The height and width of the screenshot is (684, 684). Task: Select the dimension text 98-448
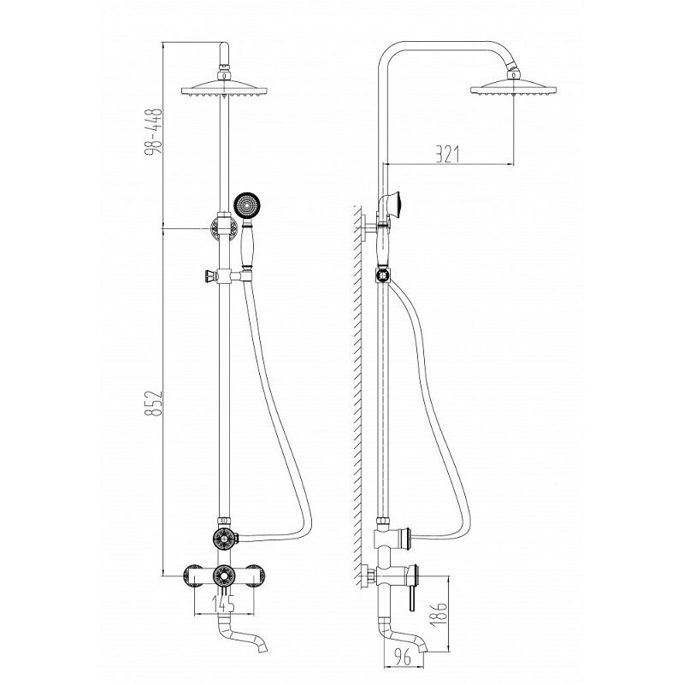click(154, 131)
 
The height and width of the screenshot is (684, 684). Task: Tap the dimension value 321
click(447, 154)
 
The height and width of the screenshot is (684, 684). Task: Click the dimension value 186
click(440, 614)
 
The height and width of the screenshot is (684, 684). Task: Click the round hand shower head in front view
click(247, 204)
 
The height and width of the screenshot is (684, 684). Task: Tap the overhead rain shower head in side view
click(514, 86)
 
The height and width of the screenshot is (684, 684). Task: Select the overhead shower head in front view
click(224, 87)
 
